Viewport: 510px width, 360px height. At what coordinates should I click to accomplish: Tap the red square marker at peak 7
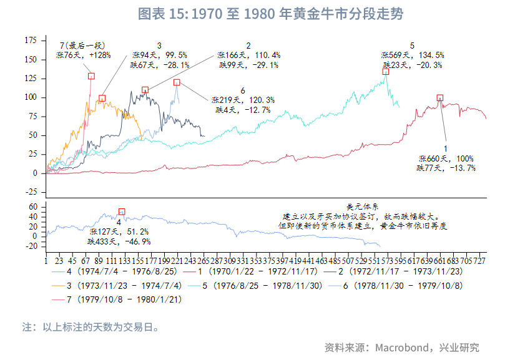coord(91,76)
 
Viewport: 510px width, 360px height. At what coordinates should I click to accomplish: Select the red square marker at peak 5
coord(386,71)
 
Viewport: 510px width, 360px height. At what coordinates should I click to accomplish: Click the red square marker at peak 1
coord(440,98)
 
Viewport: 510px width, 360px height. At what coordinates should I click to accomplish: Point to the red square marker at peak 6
coord(176,82)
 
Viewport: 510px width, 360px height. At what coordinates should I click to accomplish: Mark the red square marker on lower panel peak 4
coord(122,212)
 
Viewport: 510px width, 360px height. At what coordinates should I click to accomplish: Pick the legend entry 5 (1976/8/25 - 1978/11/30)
coord(263,285)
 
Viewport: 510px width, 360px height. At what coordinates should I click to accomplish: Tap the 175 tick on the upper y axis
coord(30,40)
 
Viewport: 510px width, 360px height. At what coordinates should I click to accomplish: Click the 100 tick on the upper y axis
coord(30,97)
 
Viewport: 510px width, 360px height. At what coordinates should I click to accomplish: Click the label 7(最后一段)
coord(82,46)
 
